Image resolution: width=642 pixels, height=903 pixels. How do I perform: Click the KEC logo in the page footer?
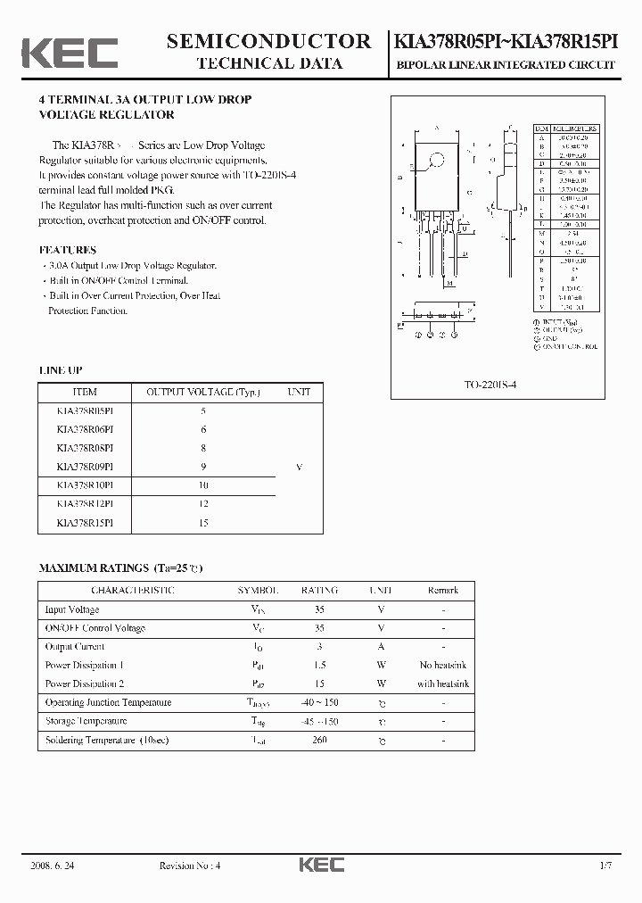click(x=320, y=866)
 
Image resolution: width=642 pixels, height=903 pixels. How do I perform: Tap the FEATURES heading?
click(x=68, y=250)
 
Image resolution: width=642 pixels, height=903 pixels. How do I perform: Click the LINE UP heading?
click(x=61, y=369)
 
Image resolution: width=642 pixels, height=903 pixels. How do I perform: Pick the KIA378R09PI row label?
click(x=85, y=467)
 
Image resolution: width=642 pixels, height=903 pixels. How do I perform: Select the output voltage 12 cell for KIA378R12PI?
click(x=203, y=504)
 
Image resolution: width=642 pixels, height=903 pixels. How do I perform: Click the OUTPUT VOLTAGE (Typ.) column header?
click(x=202, y=392)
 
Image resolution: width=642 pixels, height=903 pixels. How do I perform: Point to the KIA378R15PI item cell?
click(x=85, y=523)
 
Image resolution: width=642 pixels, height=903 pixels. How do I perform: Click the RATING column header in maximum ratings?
click(x=319, y=591)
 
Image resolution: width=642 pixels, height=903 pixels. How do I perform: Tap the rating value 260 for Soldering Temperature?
click(x=319, y=740)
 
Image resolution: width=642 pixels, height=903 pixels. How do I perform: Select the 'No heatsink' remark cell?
click(x=443, y=666)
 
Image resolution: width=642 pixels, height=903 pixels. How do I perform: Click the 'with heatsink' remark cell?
click(x=443, y=684)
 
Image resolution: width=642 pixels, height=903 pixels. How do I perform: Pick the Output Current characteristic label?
click(x=75, y=647)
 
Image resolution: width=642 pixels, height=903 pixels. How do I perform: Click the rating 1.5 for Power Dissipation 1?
click(x=319, y=666)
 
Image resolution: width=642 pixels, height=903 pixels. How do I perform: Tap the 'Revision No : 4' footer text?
click(x=189, y=866)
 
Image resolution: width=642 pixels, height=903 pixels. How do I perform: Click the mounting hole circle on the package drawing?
click(x=437, y=161)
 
